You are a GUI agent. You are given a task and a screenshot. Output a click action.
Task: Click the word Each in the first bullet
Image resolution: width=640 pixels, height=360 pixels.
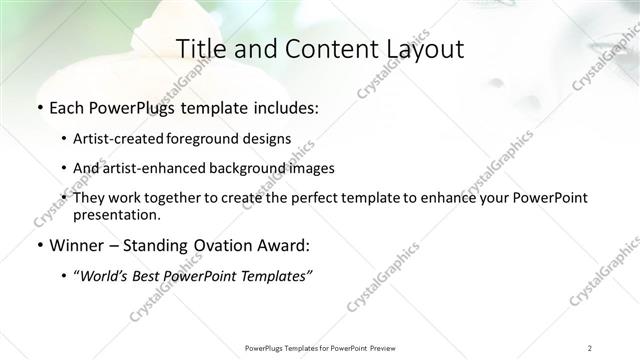coord(67,109)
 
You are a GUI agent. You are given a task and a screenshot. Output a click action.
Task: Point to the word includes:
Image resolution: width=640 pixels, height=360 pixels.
coord(283,109)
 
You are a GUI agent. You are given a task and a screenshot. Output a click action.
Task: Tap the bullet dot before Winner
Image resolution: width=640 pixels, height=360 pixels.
coord(39,246)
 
